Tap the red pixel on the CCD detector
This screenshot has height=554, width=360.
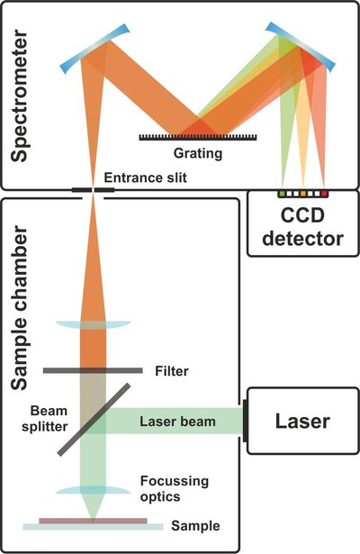[x=325, y=193]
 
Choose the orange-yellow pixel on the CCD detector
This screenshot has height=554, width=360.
[x=303, y=193]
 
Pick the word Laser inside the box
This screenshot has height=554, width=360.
[x=303, y=421]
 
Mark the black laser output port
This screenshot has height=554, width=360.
[x=244, y=420]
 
